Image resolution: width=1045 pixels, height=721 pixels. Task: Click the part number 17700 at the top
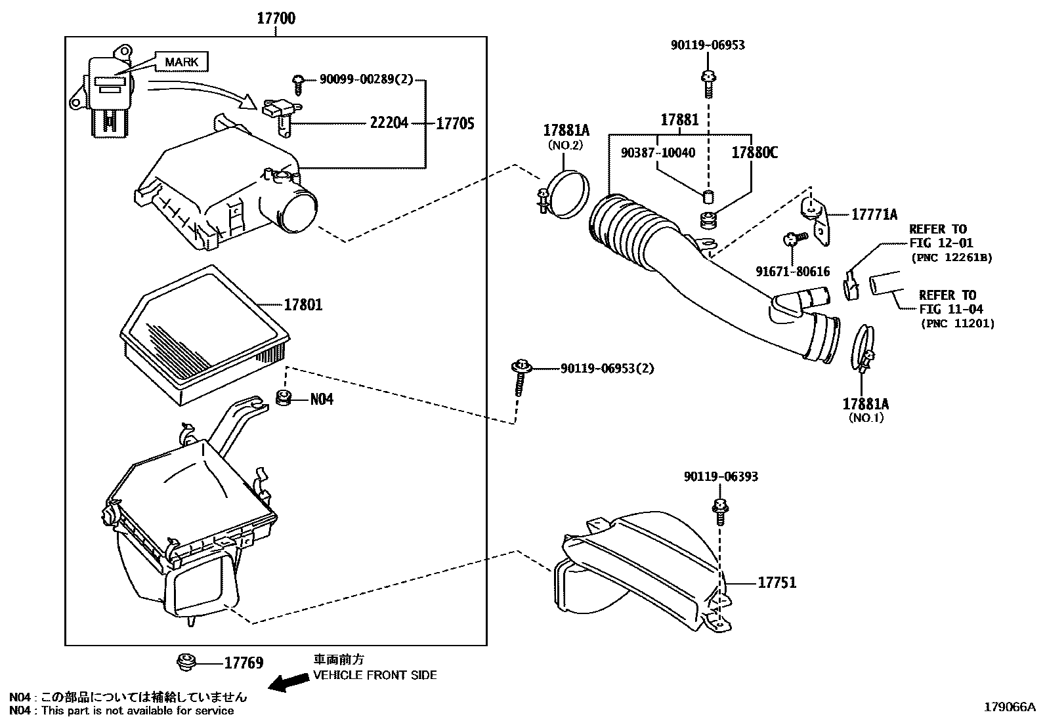point(276,18)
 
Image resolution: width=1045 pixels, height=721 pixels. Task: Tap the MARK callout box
point(181,62)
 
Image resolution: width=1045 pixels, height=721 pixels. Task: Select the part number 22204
point(389,123)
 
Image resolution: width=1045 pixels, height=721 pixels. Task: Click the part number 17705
point(455,123)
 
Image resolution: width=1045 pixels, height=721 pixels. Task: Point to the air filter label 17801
point(303,304)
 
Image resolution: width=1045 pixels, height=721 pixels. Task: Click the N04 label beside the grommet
point(322,400)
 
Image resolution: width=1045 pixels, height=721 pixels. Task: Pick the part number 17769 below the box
point(244,663)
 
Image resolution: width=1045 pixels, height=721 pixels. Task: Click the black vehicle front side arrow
point(289,683)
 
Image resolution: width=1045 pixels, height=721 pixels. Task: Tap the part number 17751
point(777,583)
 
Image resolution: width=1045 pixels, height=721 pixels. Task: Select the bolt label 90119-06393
point(721,477)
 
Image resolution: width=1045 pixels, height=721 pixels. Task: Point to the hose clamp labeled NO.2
point(564,195)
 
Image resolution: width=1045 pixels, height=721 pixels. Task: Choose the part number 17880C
point(754,152)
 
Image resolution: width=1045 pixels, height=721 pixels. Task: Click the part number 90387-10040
point(658,152)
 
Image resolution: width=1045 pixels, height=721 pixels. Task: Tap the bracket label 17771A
point(874,215)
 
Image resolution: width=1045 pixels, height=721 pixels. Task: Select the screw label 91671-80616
point(793,272)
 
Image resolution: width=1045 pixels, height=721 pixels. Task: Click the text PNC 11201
point(958,323)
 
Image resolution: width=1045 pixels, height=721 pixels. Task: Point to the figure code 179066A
point(1010,707)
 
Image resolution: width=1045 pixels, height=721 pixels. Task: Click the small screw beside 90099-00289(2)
point(297,85)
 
